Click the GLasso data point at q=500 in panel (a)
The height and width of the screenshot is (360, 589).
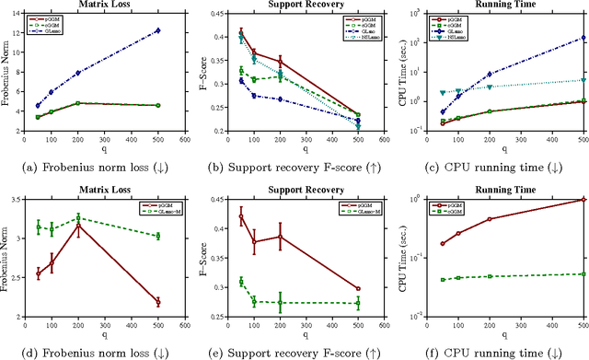tap(157, 30)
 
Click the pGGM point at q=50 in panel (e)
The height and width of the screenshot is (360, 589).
tap(241, 217)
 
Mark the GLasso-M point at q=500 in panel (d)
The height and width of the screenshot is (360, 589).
tap(157, 236)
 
